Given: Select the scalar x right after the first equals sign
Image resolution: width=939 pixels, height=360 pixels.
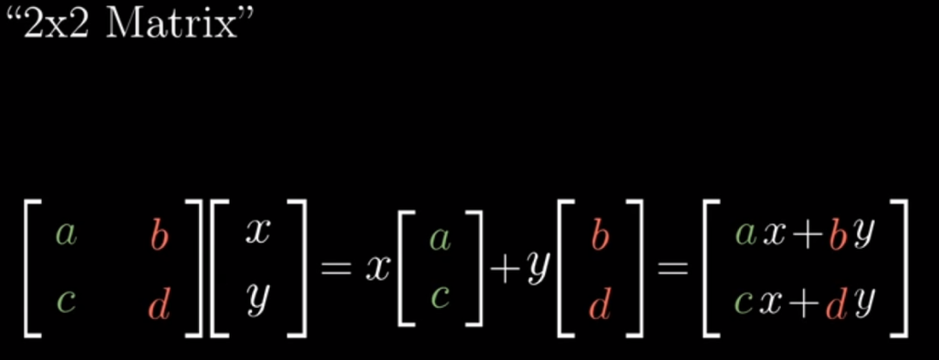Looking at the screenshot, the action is (x=376, y=269).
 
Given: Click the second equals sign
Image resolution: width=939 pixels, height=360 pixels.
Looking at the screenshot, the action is (x=669, y=269).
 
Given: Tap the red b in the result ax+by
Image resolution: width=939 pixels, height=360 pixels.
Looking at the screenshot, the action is (x=838, y=235).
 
